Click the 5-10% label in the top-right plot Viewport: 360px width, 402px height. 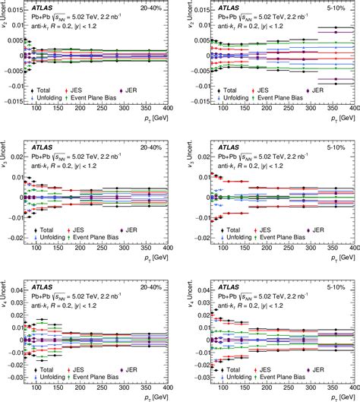point(339,8)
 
